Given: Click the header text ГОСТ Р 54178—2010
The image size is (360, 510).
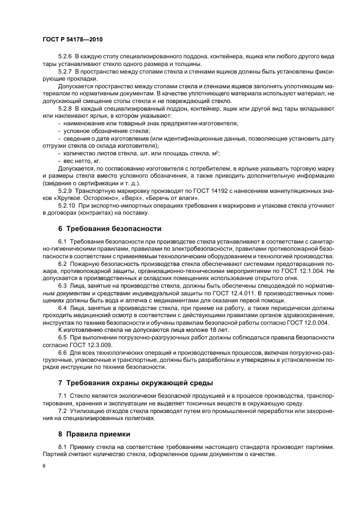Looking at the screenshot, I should pos(72,40).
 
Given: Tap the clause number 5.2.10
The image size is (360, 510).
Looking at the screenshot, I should pos(67,208).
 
